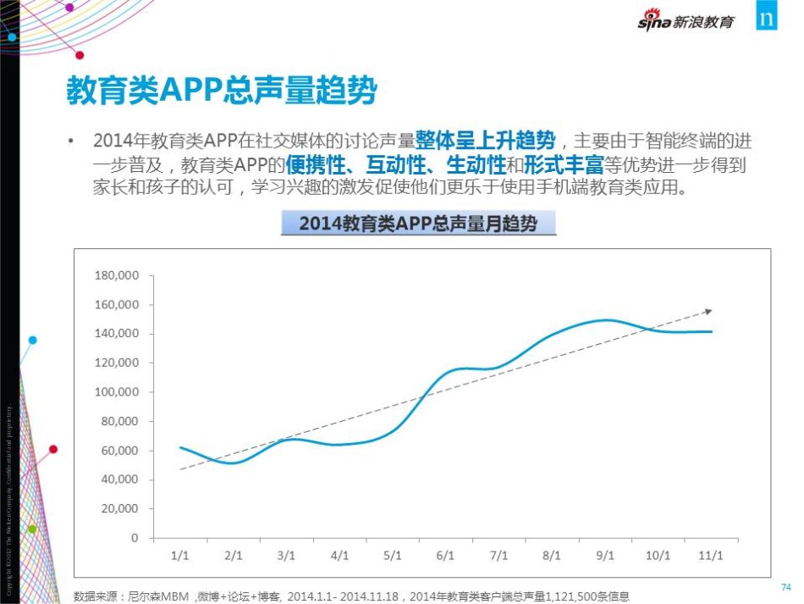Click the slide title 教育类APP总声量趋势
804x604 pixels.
[221, 91]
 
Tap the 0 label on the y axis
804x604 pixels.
[134, 538]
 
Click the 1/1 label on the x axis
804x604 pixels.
[179, 556]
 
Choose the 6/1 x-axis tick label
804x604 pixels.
[445, 556]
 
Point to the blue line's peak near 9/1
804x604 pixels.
[606, 320]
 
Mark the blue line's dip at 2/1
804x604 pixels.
[234, 463]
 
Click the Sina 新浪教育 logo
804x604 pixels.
[686, 21]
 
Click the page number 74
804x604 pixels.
[785, 586]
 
